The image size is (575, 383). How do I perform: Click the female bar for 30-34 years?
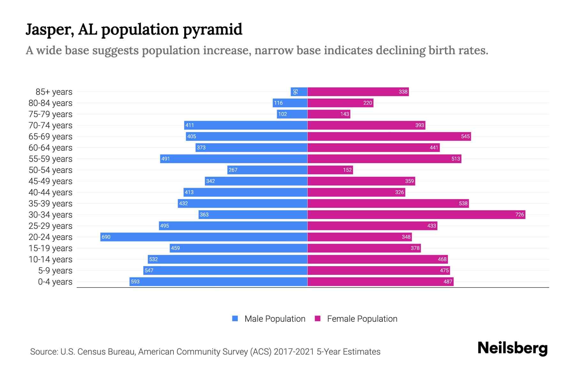(x=416, y=214)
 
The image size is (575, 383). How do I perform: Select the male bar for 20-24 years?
(x=204, y=237)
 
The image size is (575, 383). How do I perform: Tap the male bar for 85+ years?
(x=299, y=92)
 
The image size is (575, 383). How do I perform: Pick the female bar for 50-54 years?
(x=330, y=170)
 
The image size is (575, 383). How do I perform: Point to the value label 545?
(x=465, y=136)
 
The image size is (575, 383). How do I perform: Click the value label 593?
(x=135, y=282)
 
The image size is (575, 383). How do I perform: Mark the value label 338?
(x=403, y=92)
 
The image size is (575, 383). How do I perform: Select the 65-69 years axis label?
(x=50, y=137)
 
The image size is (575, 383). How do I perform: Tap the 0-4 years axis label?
(x=55, y=282)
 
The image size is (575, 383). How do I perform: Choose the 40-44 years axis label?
(x=50, y=192)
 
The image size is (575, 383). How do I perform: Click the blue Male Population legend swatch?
(x=235, y=319)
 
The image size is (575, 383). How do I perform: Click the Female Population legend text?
(x=362, y=319)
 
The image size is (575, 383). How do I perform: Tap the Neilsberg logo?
(x=512, y=348)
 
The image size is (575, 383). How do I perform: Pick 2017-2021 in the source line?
(x=294, y=352)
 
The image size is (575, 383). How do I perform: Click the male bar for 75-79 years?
(x=292, y=114)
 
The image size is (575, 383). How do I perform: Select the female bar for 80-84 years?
(x=340, y=103)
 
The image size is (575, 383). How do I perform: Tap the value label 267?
(x=233, y=170)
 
